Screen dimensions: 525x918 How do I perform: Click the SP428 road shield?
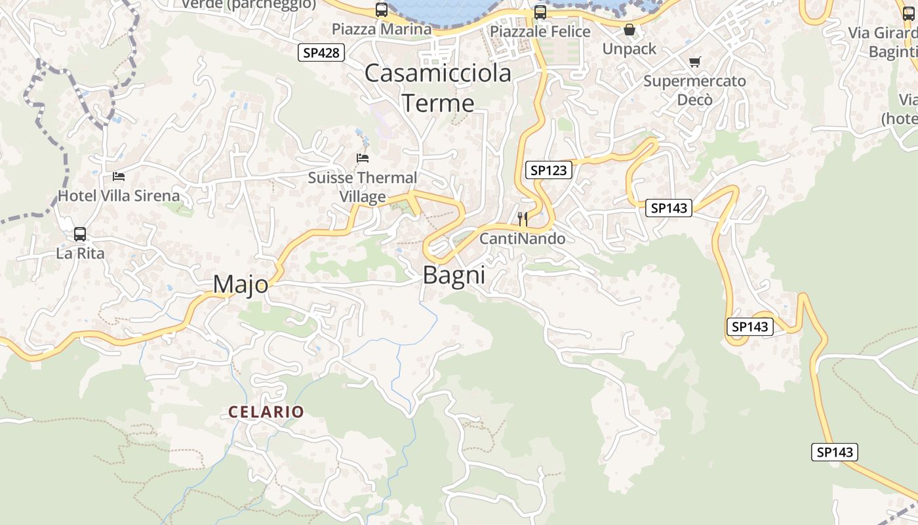pyautogui.click(x=321, y=52)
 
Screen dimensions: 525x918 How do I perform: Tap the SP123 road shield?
pyautogui.click(x=548, y=171)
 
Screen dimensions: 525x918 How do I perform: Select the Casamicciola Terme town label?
pyautogui.click(x=438, y=88)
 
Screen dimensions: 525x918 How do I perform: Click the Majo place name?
pyautogui.click(x=241, y=284)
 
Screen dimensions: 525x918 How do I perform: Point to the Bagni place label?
pyautogui.click(x=454, y=275)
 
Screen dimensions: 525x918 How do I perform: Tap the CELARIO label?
pyautogui.click(x=266, y=412)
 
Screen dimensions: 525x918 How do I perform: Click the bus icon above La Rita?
pyautogui.click(x=80, y=234)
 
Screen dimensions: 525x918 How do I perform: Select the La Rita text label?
pyautogui.click(x=80, y=253)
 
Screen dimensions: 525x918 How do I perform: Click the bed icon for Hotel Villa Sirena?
pyautogui.click(x=119, y=176)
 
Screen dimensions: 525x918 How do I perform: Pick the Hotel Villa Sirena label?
pyautogui.click(x=119, y=196)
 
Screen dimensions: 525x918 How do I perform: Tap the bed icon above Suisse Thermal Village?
pyautogui.click(x=363, y=157)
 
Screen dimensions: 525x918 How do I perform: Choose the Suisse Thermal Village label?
pyautogui.click(x=363, y=187)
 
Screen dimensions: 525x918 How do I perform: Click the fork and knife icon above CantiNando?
pyautogui.click(x=523, y=219)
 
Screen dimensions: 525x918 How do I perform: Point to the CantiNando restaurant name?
pyautogui.click(x=523, y=238)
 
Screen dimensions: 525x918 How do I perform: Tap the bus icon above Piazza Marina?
pyautogui.click(x=382, y=10)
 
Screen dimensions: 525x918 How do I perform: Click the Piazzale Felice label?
pyautogui.click(x=540, y=31)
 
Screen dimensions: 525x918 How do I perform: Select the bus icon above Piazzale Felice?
pyautogui.click(x=540, y=12)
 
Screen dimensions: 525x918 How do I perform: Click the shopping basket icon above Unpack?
pyautogui.click(x=629, y=30)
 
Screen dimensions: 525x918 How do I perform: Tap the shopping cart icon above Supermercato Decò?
pyautogui.click(x=694, y=62)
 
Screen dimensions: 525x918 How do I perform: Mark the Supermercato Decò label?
pyautogui.click(x=694, y=91)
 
